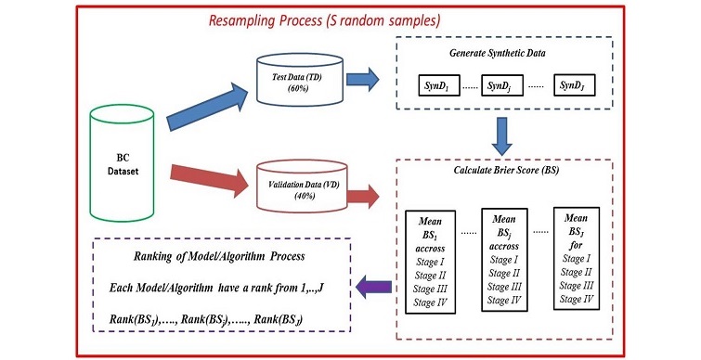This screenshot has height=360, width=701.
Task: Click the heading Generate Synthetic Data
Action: [x=506, y=54]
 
